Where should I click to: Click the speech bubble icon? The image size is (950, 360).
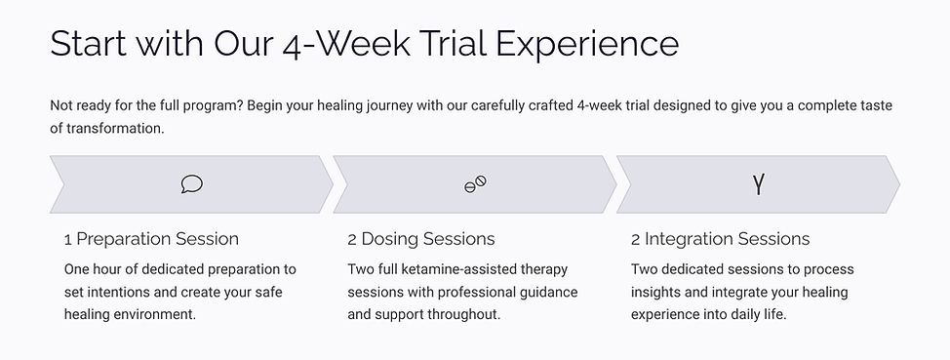point(192,184)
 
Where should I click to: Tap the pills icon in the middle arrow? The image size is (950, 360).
point(475,184)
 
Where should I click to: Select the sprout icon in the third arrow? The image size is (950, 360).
point(758,184)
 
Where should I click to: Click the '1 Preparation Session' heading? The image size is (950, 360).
point(151,239)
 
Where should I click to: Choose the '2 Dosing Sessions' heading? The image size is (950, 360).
point(421,239)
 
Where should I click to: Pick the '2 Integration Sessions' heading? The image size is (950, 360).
point(720,239)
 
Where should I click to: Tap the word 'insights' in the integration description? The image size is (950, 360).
point(657,292)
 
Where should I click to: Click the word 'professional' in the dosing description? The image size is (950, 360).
point(457,292)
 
